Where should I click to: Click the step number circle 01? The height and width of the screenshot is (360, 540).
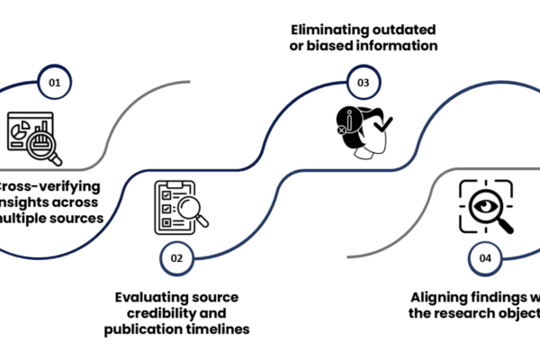[x=55, y=82]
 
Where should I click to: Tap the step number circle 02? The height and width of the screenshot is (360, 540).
[x=177, y=258]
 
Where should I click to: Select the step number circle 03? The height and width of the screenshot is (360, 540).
[x=364, y=82]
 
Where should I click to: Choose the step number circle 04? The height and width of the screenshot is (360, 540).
[x=485, y=258]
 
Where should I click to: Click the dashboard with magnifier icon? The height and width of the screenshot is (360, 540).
[x=33, y=134]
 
